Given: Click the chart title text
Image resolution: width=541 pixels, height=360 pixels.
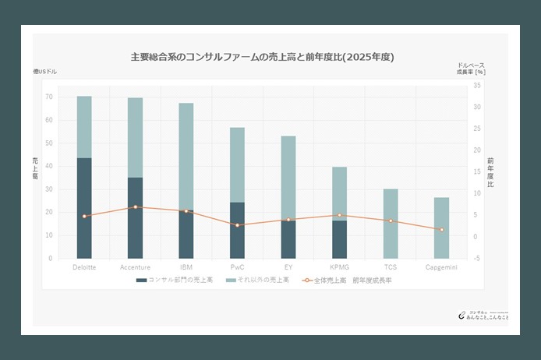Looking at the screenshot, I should (262, 57).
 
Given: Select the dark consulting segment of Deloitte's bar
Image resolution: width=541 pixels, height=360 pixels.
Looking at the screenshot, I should (84, 208).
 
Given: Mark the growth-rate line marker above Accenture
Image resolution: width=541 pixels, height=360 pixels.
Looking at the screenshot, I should (135, 207).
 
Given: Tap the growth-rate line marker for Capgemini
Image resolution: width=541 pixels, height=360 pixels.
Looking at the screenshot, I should (441, 230).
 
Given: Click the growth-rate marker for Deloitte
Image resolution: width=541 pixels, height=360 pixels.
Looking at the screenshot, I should (84, 216).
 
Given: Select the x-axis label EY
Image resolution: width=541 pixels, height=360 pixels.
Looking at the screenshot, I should (288, 268).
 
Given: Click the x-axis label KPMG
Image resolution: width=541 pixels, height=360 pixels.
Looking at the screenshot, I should (339, 268).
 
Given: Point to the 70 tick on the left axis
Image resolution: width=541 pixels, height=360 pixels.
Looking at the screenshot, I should (49, 97).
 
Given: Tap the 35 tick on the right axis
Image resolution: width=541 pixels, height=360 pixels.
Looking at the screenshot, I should (476, 86).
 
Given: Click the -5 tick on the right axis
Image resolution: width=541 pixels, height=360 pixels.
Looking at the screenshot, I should (476, 258).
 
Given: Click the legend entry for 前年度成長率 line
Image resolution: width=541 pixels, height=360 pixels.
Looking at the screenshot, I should (347, 280).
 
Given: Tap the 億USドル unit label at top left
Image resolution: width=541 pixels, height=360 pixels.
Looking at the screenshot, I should (45, 72).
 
